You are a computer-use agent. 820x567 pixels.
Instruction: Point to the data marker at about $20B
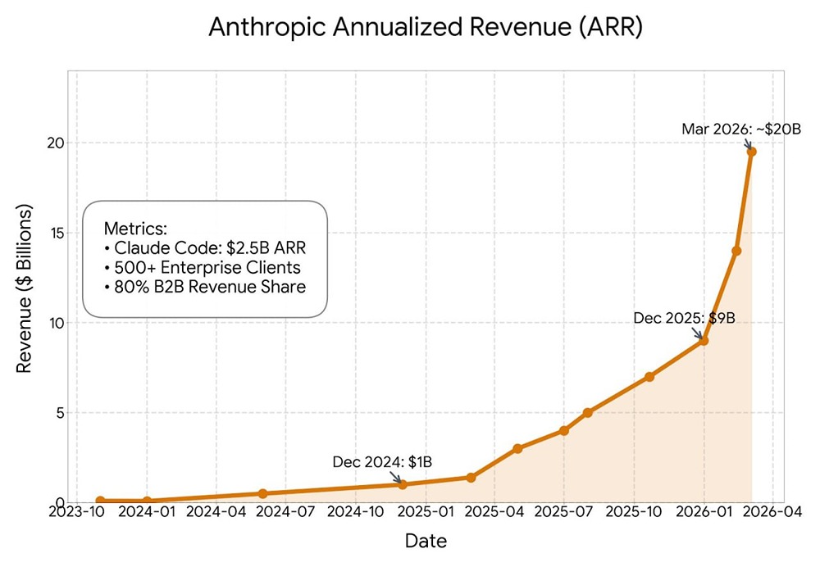pyautogui.click(x=751, y=152)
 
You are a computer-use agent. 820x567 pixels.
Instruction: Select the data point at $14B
pyautogui.click(x=736, y=251)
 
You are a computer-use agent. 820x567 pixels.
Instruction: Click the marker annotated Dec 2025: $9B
pyautogui.click(x=704, y=340)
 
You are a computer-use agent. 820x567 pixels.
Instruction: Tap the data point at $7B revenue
pyautogui.click(x=649, y=377)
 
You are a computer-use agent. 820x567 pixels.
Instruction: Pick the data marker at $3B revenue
pyautogui.click(x=517, y=448)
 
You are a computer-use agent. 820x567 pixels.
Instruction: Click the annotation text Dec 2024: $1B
pyautogui.click(x=382, y=462)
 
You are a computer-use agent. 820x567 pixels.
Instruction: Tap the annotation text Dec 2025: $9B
pyautogui.click(x=684, y=317)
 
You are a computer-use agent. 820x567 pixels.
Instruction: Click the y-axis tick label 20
pyautogui.click(x=55, y=143)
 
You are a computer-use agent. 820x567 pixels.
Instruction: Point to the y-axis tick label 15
pyautogui.click(x=55, y=234)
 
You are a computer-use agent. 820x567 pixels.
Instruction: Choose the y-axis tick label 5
pyautogui.click(x=59, y=413)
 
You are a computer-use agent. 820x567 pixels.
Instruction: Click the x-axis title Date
pyautogui.click(x=426, y=542)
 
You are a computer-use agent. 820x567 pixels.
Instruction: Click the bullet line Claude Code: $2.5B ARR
pyautogui.click(x=205, y=248)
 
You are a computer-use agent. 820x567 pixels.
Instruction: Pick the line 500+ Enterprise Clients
pyautogui.click(x=203, y=268)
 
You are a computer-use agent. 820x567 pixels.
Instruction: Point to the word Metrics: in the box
pyautogui.click(x=136, y=229)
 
